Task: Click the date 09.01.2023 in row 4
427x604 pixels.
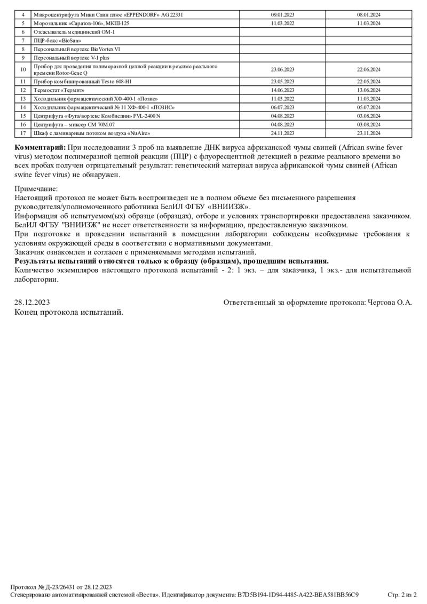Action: coord(282,15)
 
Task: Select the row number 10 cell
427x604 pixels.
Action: coord(23,69)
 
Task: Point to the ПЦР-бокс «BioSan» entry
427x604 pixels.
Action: coord(53,41)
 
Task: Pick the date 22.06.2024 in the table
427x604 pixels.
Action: coord(368,69)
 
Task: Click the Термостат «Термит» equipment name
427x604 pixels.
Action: coord(59,90)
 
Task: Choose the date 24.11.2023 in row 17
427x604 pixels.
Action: coord(282,133)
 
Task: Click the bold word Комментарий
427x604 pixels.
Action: coord(40,147)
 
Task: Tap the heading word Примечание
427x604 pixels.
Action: coord(36,188)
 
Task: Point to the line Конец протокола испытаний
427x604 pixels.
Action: coord(69,312)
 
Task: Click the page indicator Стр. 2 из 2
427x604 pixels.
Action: coord(402,594)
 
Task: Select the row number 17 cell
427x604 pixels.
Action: coord(23,133)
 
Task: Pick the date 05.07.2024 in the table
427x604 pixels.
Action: coord(368,107)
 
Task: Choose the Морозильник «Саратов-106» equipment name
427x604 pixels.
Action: coord(81,23)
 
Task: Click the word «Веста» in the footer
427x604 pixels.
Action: coord(146,594)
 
